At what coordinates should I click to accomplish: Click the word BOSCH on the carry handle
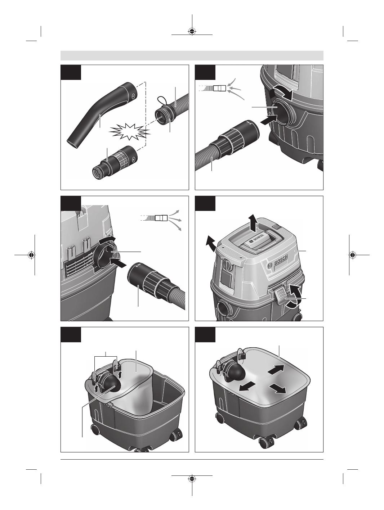pyautogui.click(x=256, y=238)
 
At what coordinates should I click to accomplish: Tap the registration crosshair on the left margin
pyautogui.click(x=32, y=255)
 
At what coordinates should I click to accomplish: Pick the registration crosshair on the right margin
pyautogui.click(x=353, y=255)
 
